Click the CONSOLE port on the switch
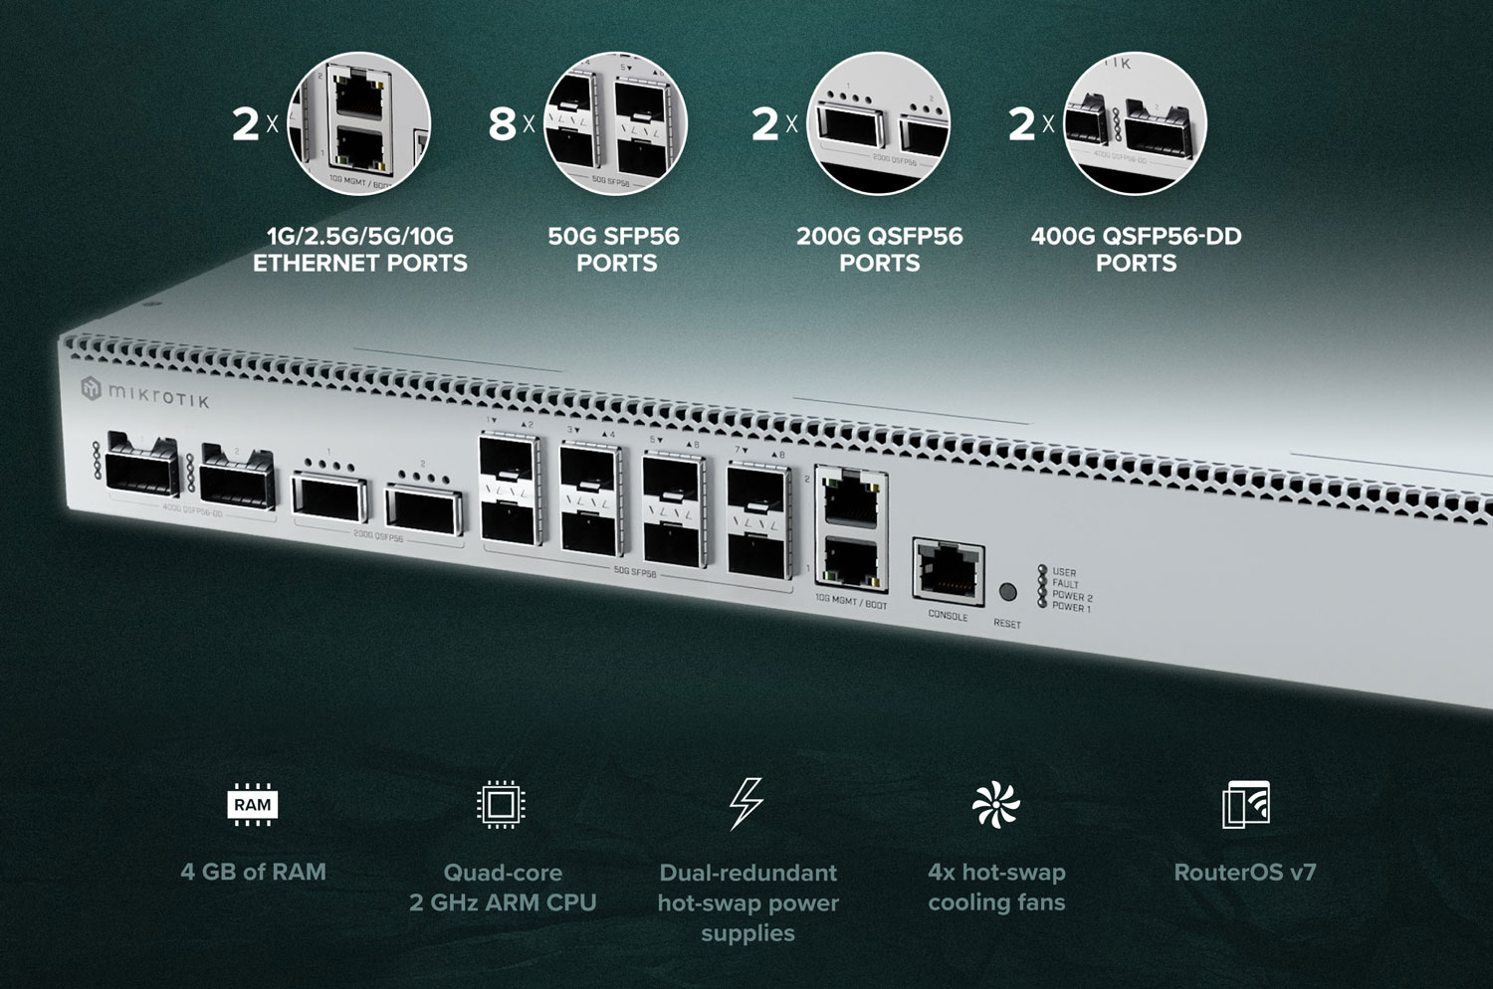click(x=948, y=571)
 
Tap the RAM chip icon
click(x=252, y=805)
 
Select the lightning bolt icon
click(x=746, y=804)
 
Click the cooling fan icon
click(x=995, y=805)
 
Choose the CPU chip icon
click(x=502, y=805)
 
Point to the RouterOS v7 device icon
click(x=1246, y=805)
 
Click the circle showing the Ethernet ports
click(x=359, y=123)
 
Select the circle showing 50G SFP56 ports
click(x=616, y=123)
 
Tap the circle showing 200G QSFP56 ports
click(x=879, y=123)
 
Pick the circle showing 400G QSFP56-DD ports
click(x=1135, y=123)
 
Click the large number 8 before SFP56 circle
click(x=503, y=124)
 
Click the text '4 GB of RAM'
click(x=253, y=872)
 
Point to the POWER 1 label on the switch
click(x=1071, y=608)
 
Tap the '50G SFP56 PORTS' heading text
click(x=615, y=250)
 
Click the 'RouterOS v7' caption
click(x=1244, y=873)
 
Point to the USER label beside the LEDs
click(x=1064, y=573)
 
